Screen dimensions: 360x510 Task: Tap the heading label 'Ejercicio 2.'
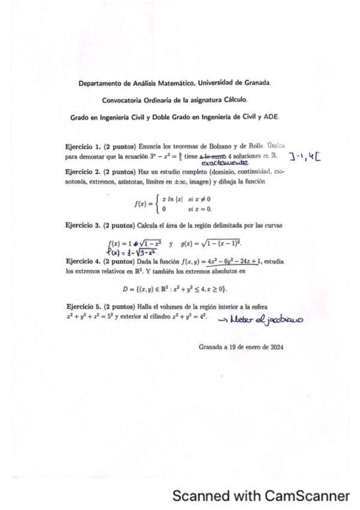84,171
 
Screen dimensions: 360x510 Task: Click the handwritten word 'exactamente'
224,162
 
